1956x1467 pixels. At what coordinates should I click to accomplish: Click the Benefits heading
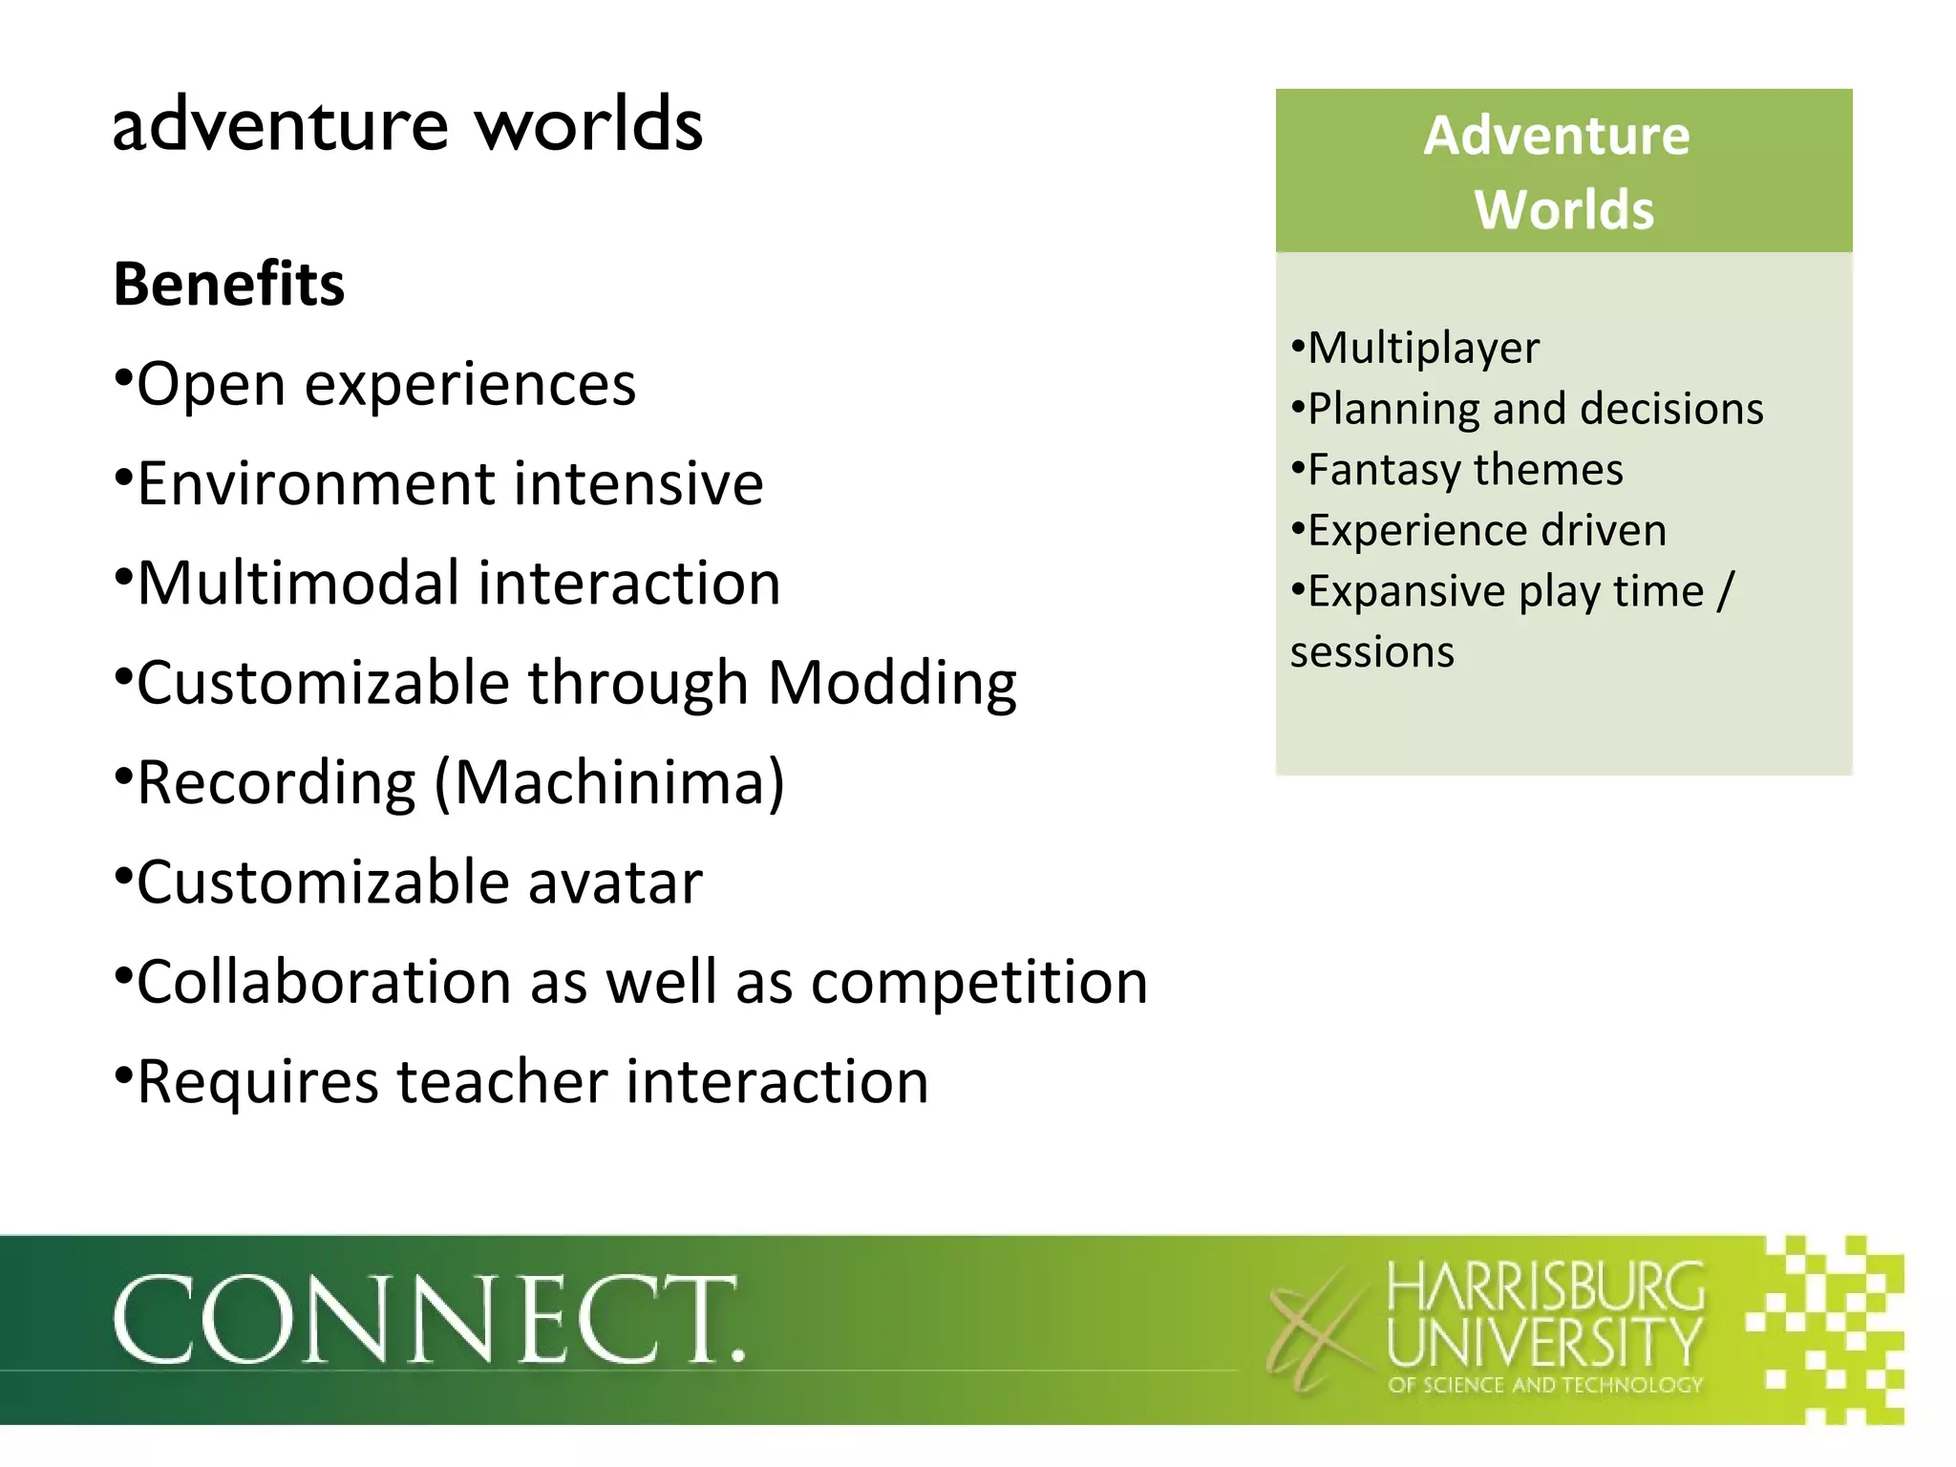click(228, 285)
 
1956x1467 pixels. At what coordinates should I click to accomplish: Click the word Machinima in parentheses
click(609, 782)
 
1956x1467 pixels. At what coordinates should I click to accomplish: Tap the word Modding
click(892, 683)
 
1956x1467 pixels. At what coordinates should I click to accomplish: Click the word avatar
click(615, 882)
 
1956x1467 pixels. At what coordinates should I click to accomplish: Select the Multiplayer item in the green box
click(1422, 348)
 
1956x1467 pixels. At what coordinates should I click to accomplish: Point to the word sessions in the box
click(1371, 652)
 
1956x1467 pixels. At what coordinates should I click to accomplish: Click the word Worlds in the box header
click(1563, 210)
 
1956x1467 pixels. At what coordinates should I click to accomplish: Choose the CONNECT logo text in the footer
click(428, 1320)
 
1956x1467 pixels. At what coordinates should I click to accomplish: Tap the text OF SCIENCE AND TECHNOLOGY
click(1545, 1385)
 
